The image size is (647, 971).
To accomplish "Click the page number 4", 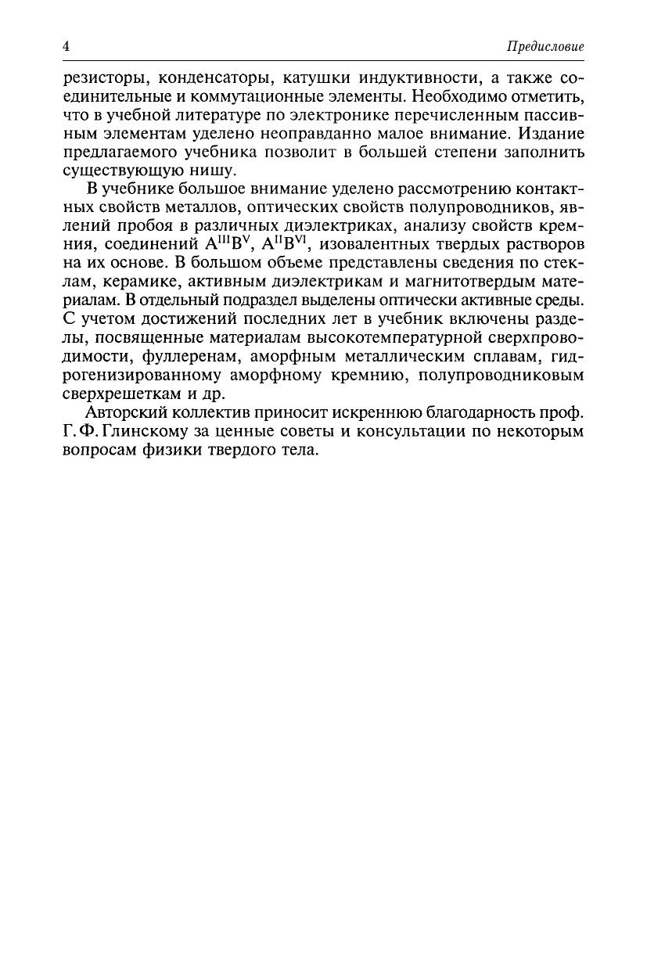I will pos(66,46).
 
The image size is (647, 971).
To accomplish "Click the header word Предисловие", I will pos(545,47).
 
